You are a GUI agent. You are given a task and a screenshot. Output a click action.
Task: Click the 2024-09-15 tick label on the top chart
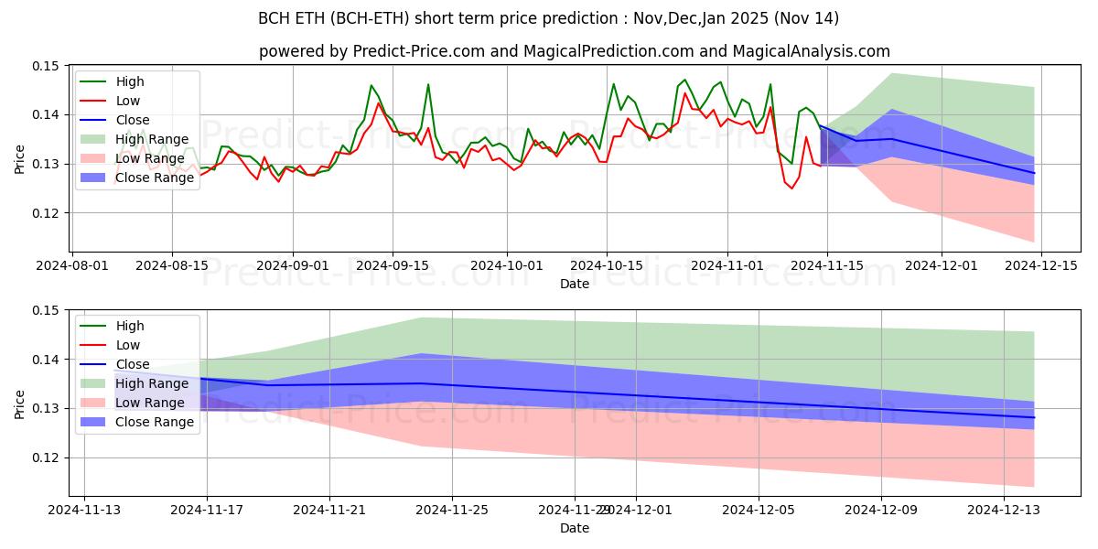pos(393,265)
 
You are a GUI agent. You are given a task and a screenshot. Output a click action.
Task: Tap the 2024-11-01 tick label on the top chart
pos(727,265)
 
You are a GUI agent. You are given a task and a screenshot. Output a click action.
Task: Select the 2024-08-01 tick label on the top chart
pos(72,265)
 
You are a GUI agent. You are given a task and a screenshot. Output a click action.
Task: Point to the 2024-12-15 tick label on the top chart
pos(1041,265)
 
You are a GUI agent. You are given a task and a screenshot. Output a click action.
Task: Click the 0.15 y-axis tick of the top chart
pos(46,66)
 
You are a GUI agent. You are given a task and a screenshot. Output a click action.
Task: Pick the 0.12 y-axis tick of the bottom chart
pos(46,457)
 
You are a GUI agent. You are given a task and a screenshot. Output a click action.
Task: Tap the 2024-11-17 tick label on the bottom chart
pos(207,510)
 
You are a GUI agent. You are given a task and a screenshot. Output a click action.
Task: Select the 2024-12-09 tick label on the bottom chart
pos(881,510)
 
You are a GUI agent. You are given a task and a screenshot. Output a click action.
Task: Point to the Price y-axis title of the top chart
pos(20,158)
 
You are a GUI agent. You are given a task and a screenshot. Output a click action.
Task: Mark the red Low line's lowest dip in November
pos(792,188)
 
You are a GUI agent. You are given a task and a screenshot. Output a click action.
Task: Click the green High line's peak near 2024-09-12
pos(371,85)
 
